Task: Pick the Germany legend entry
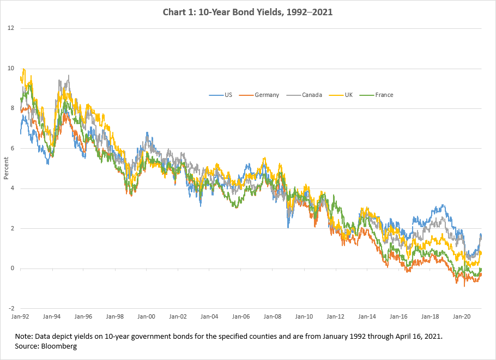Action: [x=266, y=95]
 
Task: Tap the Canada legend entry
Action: [x=311, y=95]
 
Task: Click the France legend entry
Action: [x=383, y=95]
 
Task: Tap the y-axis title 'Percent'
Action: [x=6, y=169]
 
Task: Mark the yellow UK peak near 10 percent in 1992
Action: [x=23, y=69]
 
